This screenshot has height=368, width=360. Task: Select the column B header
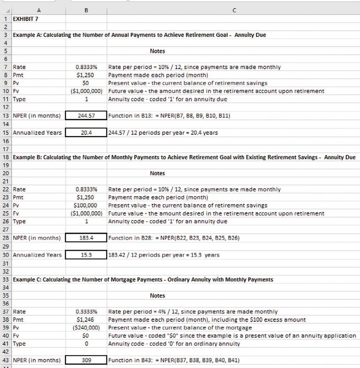tap(86, 10)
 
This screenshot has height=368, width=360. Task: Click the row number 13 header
tap(6, 116)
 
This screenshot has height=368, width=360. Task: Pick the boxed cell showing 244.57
tap(86, 116)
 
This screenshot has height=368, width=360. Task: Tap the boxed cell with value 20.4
tap(86, 133)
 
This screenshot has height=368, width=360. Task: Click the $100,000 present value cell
tap(86, 205)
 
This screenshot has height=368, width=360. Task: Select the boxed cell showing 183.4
tap(86, 238)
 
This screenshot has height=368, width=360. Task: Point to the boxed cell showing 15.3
tap(86, 255)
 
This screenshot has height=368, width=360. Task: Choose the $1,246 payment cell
tap(86, 320)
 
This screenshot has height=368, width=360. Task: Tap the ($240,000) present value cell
tap(86, 328)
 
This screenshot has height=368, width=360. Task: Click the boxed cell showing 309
tap(86, 360)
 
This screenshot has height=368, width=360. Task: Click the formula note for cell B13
tap(169, 116)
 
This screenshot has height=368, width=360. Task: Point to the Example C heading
tap(143, 280)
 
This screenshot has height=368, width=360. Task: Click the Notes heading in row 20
tap(157, 173)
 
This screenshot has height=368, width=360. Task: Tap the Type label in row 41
tap(19, 344)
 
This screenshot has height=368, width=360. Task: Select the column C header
tap(234, 10)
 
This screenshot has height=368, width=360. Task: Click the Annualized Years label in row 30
tap(37, 255)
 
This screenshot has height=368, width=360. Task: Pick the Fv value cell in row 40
tap(86, 336)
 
